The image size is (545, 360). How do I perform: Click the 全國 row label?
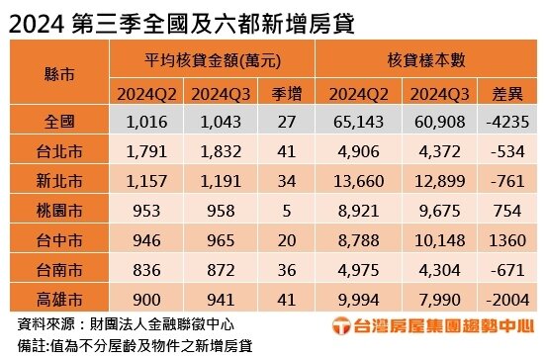click(59, 122)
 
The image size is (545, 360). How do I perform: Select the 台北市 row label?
click(59, 151)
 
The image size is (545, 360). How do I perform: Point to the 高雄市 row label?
click(59, 299)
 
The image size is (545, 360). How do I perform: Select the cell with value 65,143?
click(357, 122)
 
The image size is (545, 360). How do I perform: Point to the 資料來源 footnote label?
click(41, 323)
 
